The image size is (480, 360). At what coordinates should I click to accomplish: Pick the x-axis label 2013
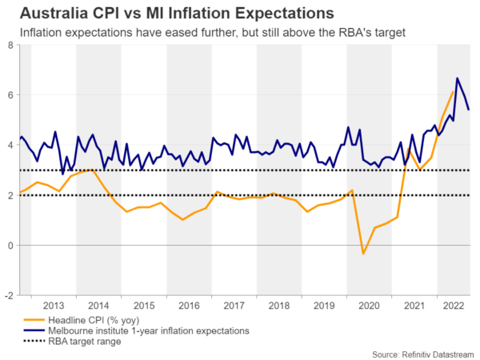click(x=54, y=305)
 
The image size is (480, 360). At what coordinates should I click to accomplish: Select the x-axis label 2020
click(x=370, y=305)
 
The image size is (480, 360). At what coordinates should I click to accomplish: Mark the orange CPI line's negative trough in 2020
click(x=363, y=254)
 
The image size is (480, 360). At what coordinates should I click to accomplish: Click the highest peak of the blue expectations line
click(x=457, y=78)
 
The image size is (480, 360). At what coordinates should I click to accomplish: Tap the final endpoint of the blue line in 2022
click(x=469, y=110)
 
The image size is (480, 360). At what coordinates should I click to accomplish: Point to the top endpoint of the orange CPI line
click(x=453, y=91)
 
